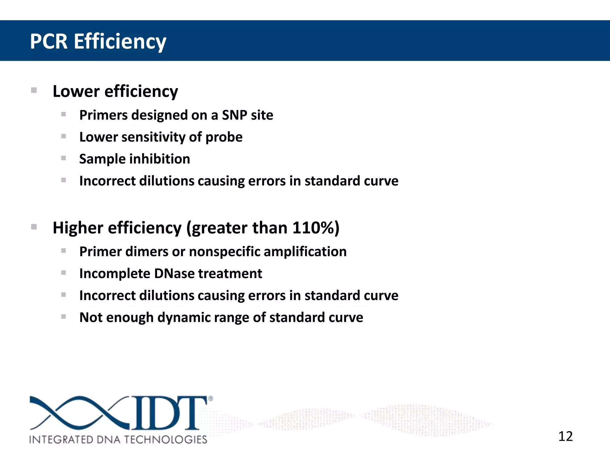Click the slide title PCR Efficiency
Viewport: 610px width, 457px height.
point(98,41)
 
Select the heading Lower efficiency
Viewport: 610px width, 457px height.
point(115,91)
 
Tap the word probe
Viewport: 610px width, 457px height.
point(224,137)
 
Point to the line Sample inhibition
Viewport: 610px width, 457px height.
point(135,159)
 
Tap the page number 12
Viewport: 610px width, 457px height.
point(565,436)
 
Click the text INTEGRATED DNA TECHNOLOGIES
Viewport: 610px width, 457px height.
point(118,439)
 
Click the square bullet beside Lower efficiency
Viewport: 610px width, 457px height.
point(34,90)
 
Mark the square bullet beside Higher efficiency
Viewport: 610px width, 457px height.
point(34,227)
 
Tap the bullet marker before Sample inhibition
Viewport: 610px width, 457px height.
point(63,158)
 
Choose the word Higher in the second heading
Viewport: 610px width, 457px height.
point(78,228)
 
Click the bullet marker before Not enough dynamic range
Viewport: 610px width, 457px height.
point(63,317)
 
